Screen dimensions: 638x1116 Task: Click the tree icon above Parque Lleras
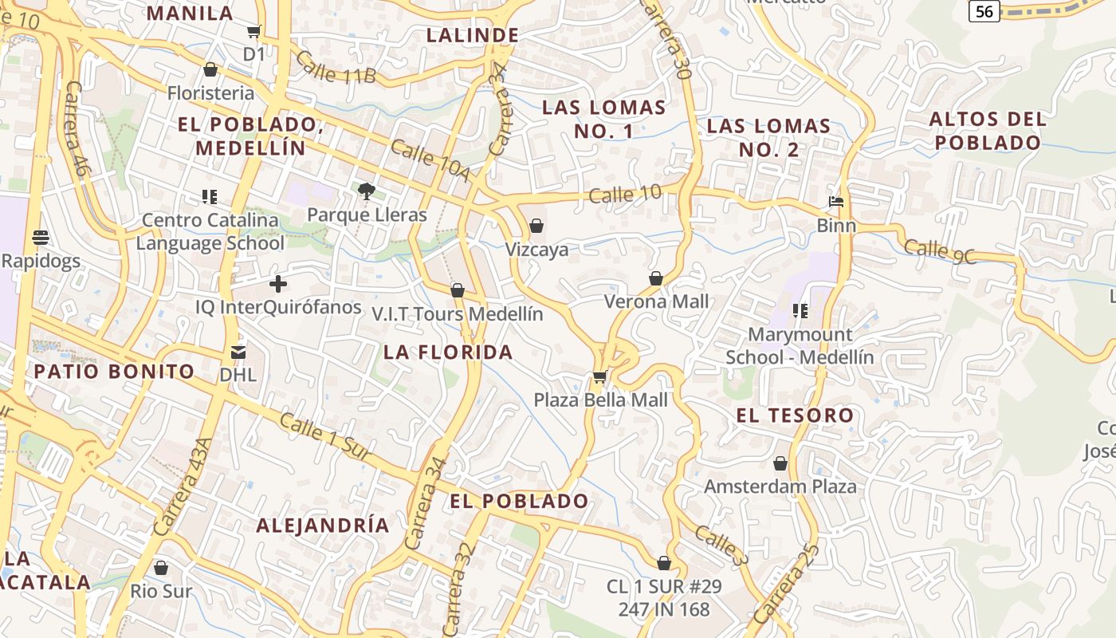(367, 191)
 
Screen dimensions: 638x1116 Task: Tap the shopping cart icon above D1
(253, 32)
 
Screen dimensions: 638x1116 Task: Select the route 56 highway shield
(985, 10)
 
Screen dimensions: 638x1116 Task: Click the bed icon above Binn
(836, 202)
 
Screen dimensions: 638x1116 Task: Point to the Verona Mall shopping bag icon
(655, 278)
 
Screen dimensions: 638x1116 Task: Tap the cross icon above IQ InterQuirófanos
(278, 283)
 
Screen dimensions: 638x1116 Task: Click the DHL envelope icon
(238, 352)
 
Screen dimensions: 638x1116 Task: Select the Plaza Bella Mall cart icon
(599, 376)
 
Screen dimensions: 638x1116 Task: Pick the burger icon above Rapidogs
(41, 238)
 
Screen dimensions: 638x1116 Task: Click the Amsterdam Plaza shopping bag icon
(780, 463)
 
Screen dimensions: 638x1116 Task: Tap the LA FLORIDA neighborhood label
(448, 352)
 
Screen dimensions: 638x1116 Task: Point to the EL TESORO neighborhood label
(795, 415)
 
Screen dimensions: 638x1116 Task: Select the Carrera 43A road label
(184, 486)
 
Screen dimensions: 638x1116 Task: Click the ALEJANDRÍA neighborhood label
(323, 525)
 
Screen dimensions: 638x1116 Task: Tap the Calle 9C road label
(941, 251)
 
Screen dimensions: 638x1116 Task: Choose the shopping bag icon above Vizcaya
(536, 226)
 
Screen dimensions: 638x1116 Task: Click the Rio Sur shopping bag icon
(161, 568)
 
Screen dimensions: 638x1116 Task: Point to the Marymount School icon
(800, 311)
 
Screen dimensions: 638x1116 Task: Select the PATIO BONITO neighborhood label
(114, 371)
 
